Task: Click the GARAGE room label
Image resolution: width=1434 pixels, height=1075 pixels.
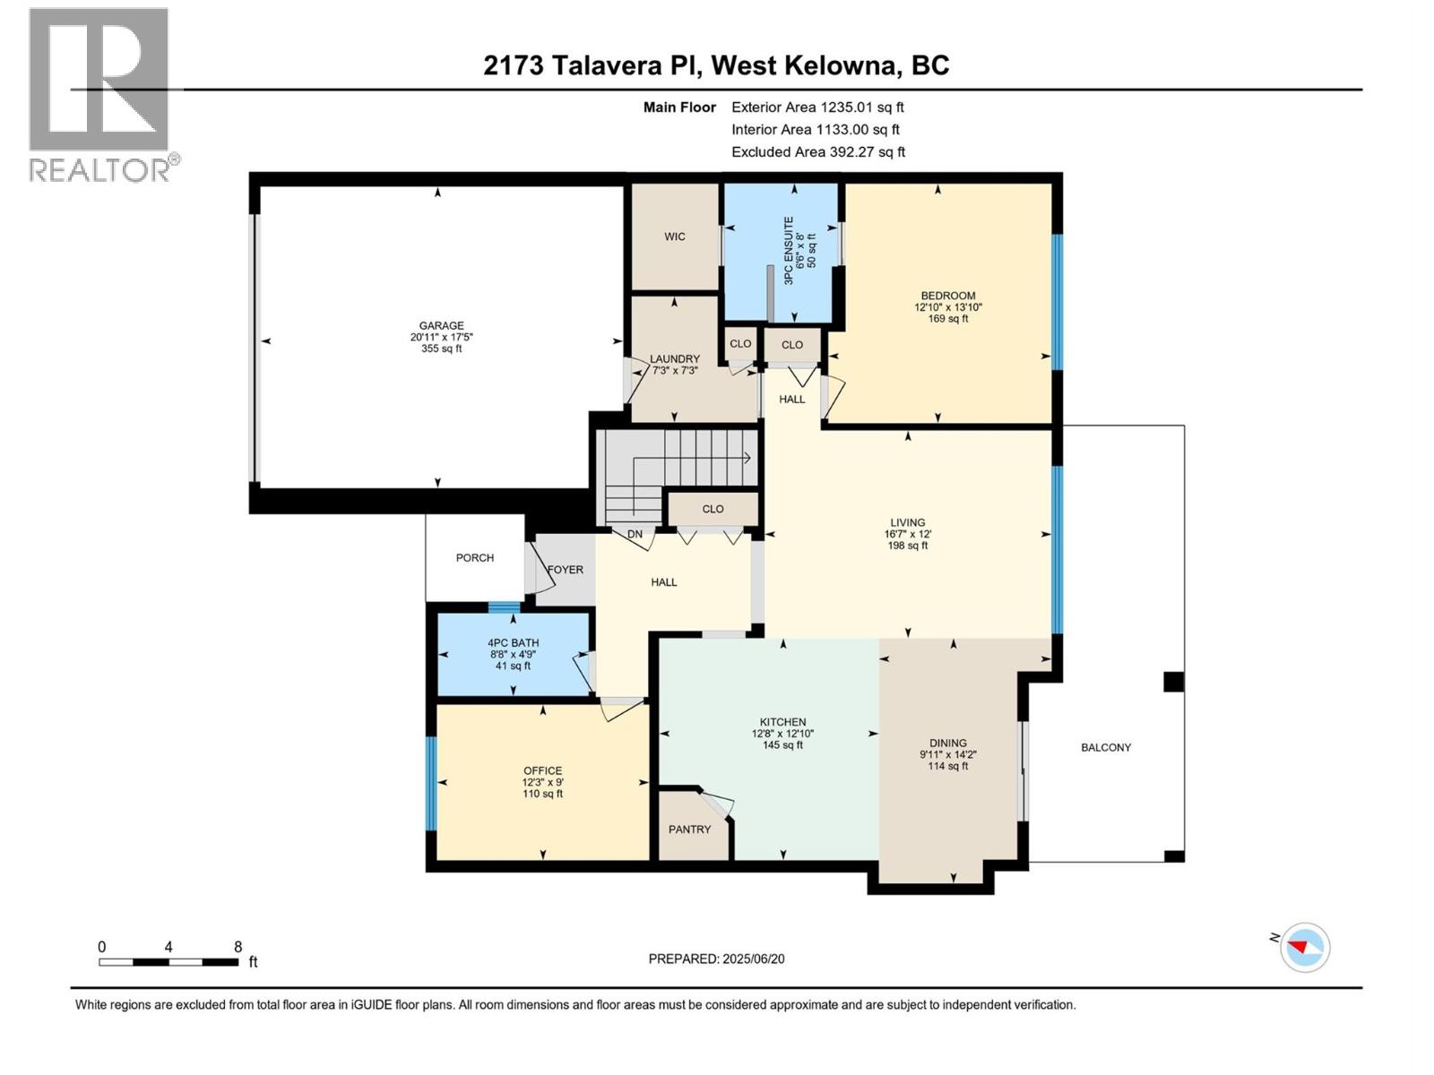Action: [441, 326]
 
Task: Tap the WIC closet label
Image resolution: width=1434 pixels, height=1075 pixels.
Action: [675, 236]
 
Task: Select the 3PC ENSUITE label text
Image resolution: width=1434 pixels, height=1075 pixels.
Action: [789, 251]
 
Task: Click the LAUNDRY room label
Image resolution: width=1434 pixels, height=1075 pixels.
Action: [675, 358]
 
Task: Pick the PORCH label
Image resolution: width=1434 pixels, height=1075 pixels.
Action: [474, 557]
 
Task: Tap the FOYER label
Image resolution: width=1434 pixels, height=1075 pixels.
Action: [566, 570]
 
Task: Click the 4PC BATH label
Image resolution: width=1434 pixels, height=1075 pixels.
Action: [514, 642]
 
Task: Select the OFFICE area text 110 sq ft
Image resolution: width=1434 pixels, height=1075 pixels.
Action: [543, 794]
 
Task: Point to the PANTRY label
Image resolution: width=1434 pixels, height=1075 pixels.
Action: [689, 830]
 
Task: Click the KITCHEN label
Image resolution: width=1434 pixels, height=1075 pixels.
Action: [782, 722]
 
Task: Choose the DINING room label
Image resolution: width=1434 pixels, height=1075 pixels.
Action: [948, 743]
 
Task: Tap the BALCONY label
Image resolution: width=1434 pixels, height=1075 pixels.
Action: [1106, 747]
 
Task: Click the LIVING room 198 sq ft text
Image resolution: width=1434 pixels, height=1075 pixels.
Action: [908, 546]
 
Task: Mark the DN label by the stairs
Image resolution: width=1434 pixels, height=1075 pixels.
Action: [635, 535]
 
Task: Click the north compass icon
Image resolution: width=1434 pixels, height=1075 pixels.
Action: [1304, 947]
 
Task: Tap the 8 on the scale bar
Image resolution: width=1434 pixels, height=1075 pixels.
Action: [238, 947]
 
